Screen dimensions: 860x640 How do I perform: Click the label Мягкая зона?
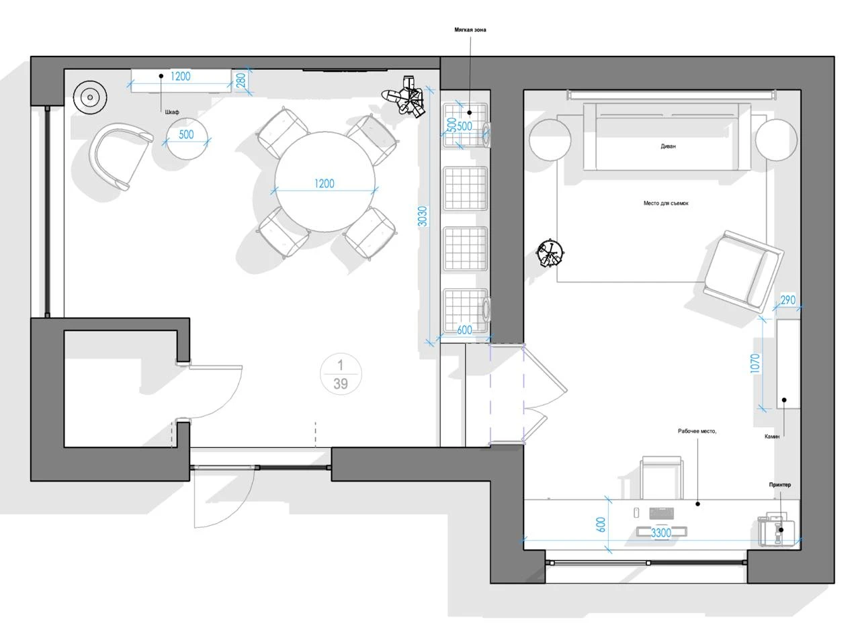coord(470,30)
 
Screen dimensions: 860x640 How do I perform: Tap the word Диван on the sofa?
coord(668,146)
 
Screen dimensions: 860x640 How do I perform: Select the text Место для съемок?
coord(666,203)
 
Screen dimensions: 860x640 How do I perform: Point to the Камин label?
coord(771,437)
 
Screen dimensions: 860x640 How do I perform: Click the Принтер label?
coord(780,485)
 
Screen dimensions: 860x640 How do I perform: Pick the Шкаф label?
coord(172,112)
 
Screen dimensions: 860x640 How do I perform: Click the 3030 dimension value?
coord(422,216)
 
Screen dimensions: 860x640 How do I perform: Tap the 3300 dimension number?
coord(660,533)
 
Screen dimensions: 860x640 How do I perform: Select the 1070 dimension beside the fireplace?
coord(755,363)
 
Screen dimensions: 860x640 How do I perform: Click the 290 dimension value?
coord(788,300)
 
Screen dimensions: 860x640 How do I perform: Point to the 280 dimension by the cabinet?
coord(241,80)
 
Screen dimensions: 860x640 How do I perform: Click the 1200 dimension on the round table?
coord(324,183)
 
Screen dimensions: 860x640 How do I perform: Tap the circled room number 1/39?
coord(341,374)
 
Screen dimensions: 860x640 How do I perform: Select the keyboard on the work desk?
coord(662,513)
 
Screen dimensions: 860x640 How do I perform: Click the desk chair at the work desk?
coord(662,477)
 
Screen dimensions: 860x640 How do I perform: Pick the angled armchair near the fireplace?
coord(743,270)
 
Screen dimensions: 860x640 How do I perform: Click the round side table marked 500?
coord(187,138)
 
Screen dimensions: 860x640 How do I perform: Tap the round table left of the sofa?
coord(550,140)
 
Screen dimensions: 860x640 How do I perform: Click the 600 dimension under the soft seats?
coord(464,330)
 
